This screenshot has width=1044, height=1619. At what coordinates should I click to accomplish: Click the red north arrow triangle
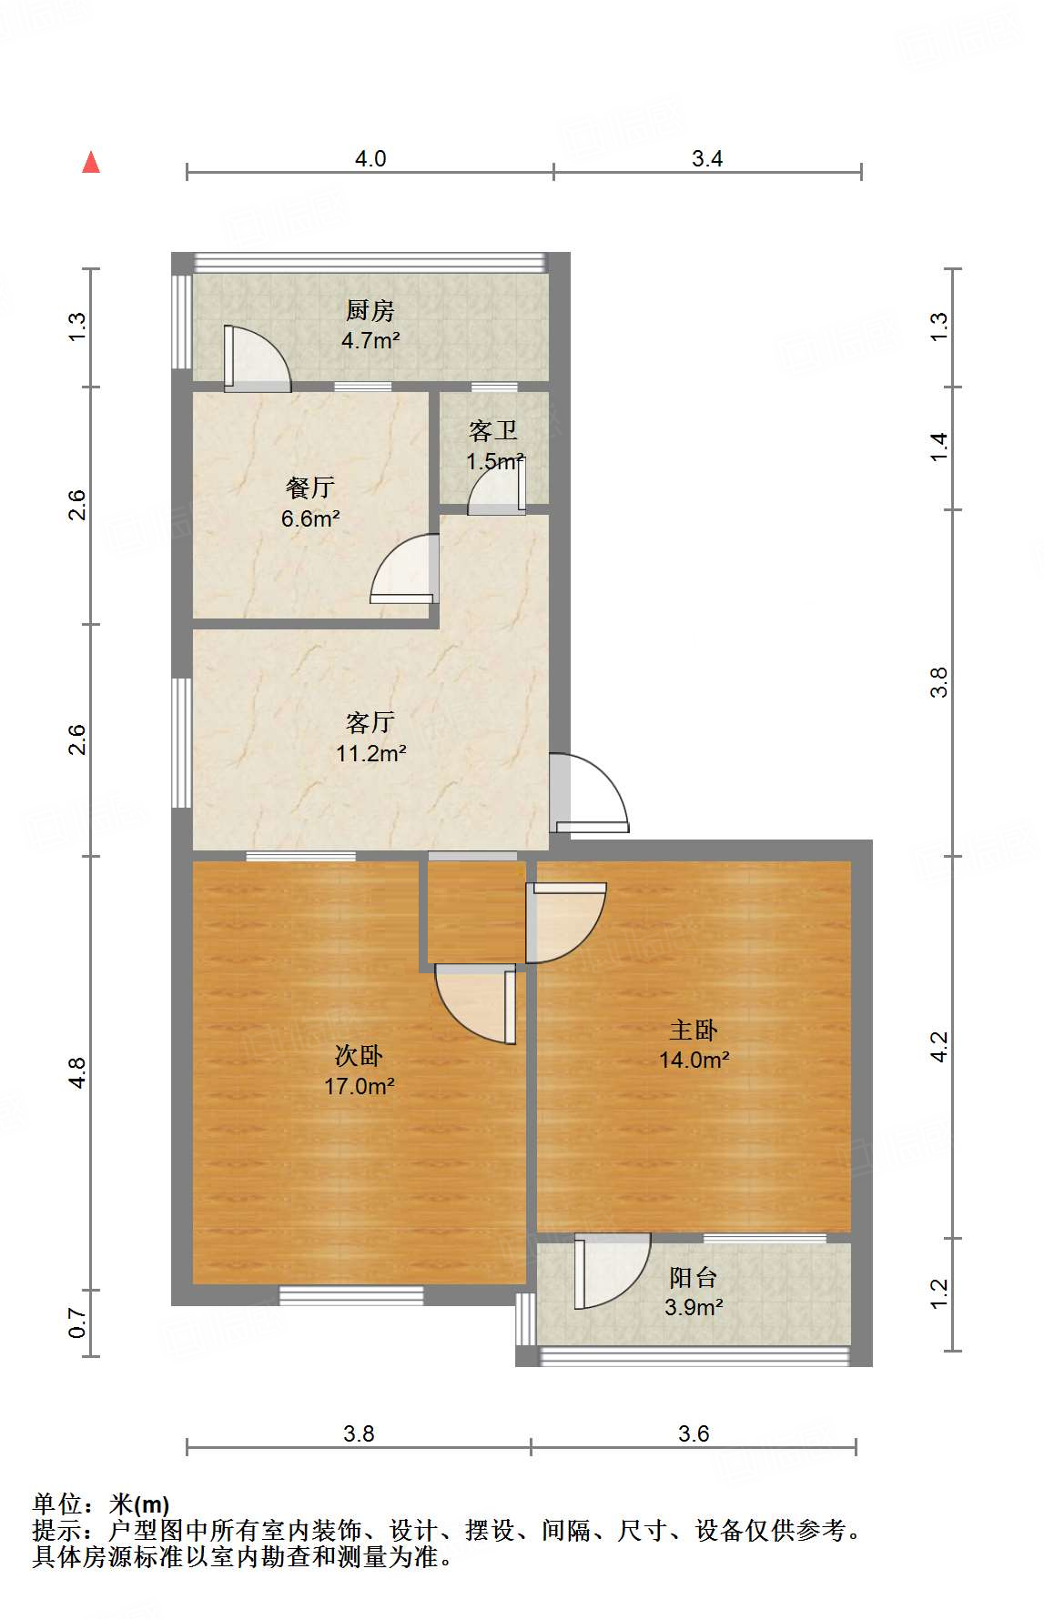(91, 162)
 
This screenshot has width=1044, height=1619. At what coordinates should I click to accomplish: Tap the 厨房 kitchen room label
(370, 311)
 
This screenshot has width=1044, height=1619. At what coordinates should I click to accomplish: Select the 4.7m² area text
(370, 341)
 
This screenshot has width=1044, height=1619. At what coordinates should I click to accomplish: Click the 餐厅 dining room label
(310, 488)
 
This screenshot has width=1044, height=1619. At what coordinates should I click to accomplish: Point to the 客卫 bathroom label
(493, 430)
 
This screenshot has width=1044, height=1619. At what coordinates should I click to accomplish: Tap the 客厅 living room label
(370, 722)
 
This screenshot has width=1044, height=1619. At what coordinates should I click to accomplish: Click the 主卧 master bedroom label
(694, 1030)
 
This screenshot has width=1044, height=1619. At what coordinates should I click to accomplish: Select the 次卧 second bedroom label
(359, 1056)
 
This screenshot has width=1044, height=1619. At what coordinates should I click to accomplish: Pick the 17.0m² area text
(360, 1086)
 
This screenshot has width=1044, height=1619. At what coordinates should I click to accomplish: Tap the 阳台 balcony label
(694, 1278)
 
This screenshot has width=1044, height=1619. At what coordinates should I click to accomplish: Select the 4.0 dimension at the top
(370, 158)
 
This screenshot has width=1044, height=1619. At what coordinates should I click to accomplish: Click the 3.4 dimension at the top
(707, 158)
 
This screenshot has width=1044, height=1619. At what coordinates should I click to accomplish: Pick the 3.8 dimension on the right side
(938, 682)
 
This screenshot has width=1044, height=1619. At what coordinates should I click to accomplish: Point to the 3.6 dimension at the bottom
(694, 1433)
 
